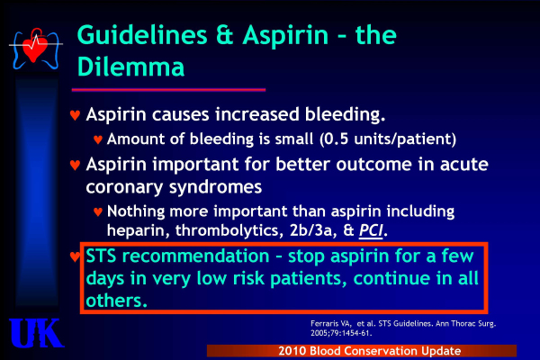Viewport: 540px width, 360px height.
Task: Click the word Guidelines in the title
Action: [142, 35]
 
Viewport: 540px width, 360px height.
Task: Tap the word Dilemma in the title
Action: [130, 67]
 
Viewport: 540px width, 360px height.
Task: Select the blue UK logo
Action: [36, 333]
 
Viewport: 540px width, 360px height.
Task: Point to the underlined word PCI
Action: [371, 230]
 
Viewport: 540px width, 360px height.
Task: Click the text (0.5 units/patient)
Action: [388, 139]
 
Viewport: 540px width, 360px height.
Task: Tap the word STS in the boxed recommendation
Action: [101, 256]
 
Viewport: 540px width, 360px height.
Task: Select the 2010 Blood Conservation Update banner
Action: [362, 351]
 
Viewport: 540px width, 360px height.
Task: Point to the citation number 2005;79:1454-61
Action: [341, 333]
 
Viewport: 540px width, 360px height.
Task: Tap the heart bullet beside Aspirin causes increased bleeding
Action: [75, 114]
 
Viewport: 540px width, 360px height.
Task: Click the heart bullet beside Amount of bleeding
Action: [98, 139]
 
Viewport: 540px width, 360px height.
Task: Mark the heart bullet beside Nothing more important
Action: [98, 211]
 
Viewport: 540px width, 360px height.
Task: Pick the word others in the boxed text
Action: [116, 301]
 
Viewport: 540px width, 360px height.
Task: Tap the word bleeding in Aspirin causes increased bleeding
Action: [345, 114]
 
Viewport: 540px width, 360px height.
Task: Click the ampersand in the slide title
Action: [225, 35]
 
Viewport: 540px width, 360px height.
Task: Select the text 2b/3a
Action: [312, 230]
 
